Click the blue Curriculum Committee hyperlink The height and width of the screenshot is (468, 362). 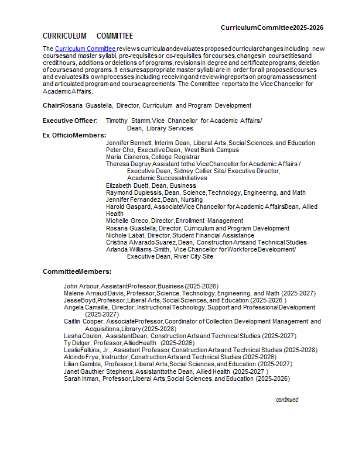tap(85, 49)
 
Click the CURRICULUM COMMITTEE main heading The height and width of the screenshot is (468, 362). tap(88, 36)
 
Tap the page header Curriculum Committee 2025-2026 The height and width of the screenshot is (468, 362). tap(272, 27)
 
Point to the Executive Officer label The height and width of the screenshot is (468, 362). tap(69, 121)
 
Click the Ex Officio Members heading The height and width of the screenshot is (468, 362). tap(74, 135)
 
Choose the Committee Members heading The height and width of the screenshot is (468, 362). tap(77, 271)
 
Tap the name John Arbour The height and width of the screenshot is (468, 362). tap(81, 286)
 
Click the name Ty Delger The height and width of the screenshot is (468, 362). tap(77, 343)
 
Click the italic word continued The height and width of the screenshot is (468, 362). tap(287, 400)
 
